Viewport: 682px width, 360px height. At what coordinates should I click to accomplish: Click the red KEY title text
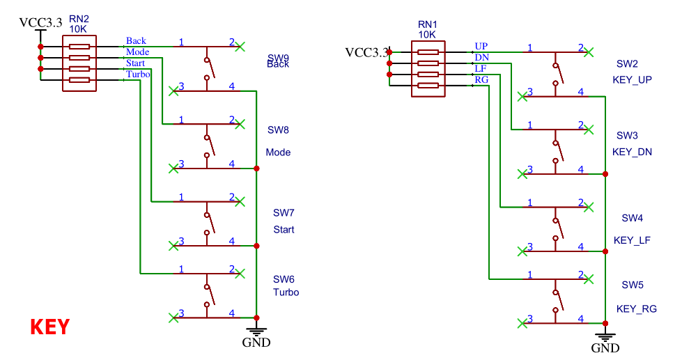(x=49, y=327)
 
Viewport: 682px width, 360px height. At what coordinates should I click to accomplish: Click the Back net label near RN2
(x=136, y=41)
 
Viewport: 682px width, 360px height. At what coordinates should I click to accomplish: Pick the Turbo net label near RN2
(x=138, y=74)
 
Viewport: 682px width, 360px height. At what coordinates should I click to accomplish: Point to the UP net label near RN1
(x=481, y=46)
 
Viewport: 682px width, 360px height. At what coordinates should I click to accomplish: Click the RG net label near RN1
(x=481, y=79)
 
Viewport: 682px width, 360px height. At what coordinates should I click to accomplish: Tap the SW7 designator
(x=284, y=212)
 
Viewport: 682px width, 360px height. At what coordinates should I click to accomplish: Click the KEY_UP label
(x=632, y=80)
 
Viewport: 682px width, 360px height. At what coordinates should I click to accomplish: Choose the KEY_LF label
(x=632, y=240)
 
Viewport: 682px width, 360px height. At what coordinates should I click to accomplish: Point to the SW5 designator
(x=633, y=285)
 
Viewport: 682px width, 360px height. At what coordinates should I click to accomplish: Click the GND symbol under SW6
(x=256, y=336)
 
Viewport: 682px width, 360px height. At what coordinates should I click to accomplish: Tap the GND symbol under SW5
(x=605, y=341)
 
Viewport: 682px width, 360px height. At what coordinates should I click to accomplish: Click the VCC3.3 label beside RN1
(x=366, y=52)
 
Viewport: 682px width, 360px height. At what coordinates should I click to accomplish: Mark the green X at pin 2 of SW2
(x=589, y=52)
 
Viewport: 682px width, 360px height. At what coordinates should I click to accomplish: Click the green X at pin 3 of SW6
(x=173, y=318)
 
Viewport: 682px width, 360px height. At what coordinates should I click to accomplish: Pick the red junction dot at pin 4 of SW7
(x=256, y=246)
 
